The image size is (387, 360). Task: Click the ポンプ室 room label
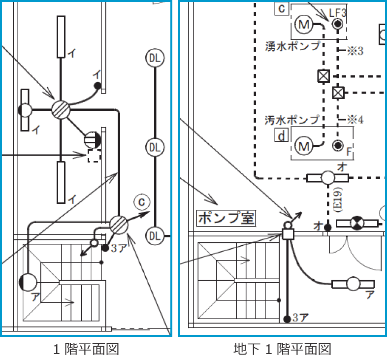[x=226, y=217]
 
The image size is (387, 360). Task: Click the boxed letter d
[x=281, y=136]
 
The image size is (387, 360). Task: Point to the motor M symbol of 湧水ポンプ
[x=304, y=24]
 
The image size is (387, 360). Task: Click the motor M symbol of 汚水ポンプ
[x=304, y=145]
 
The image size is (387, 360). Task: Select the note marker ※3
[x=355, y=51]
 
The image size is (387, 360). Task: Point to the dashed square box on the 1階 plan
[x=94, y=156]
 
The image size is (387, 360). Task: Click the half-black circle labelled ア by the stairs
[x=28, y=282]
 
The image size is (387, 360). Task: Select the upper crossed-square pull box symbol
[x=323, y=76]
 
